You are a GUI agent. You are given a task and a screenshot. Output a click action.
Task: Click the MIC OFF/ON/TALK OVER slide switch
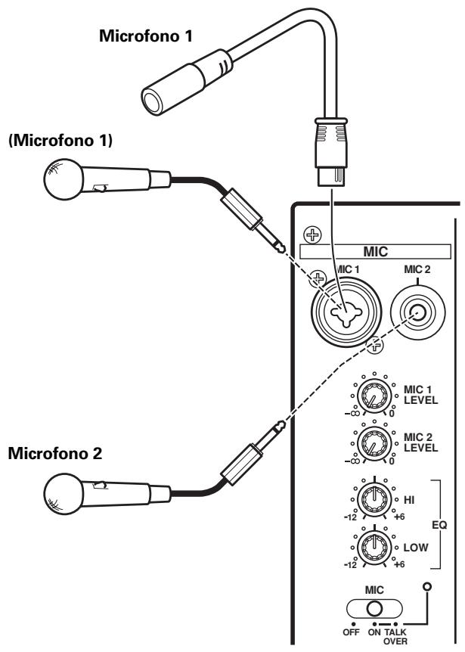[373, 608]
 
